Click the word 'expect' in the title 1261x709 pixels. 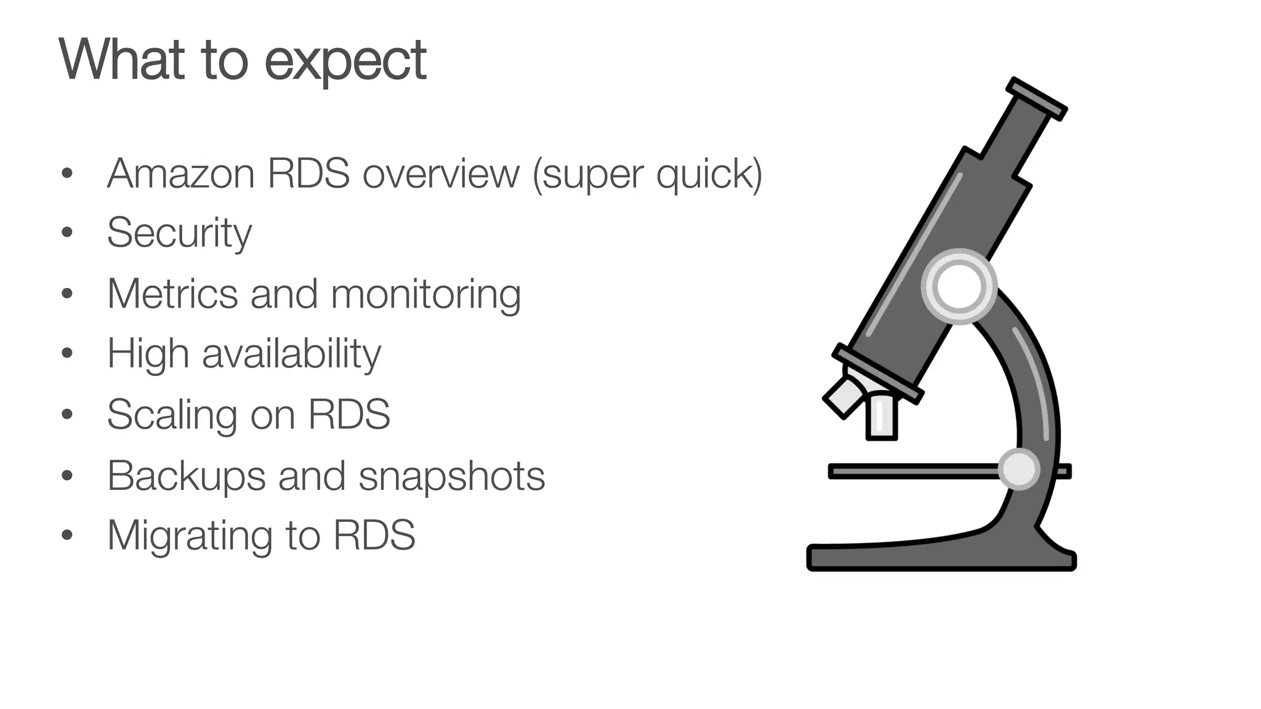coord(345,62)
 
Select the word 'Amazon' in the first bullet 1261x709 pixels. coord(180,174)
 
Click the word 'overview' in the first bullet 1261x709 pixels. coord(441,174)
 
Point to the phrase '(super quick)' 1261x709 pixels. coord(647,175)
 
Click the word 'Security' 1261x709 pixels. coord(179,233)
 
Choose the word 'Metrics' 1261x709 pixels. coord(172,294)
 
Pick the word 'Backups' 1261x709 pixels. coord(186,476)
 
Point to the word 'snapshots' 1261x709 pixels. coord(451,476)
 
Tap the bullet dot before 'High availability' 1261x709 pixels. coord(67,353)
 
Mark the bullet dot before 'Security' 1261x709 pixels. coord(67,232)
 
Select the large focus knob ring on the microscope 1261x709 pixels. coord(959,286)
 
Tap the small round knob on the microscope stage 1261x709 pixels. coord(1018,469)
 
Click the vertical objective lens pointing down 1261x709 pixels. coord(881,416)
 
